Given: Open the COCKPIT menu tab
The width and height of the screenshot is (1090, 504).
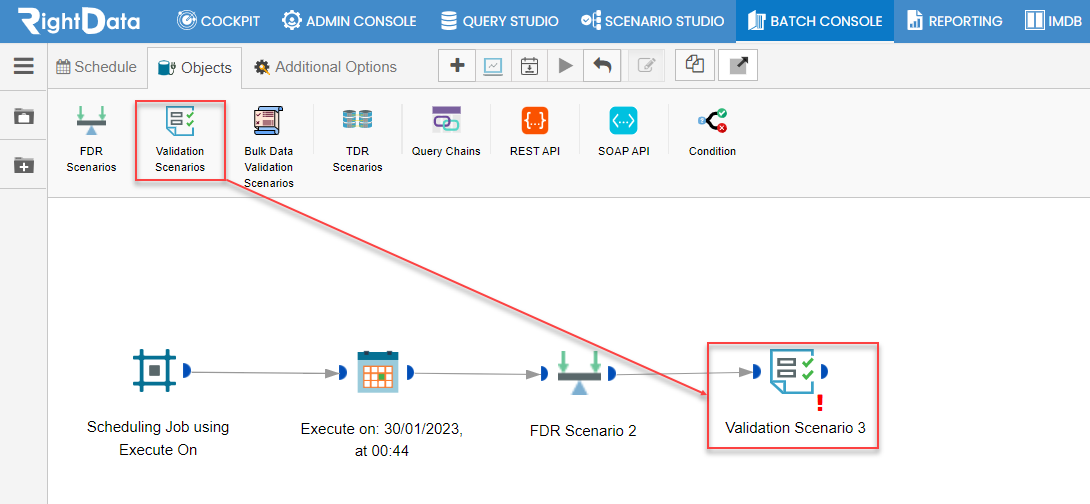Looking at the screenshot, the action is pos(218,21).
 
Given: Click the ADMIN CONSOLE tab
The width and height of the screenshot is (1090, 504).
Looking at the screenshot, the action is pos(349,21).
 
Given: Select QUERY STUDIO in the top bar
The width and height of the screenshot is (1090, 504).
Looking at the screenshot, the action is pos(499,21).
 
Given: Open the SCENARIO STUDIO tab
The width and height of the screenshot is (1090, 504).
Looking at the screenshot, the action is pos(653,21).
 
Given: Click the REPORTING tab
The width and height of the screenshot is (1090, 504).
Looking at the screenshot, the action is pos(955,21).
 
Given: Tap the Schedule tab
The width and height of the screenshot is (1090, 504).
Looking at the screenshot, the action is pos(97,67).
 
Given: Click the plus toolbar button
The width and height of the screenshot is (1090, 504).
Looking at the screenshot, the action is pos(457,65).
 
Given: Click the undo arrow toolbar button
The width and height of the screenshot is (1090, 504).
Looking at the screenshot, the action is pos(602,65).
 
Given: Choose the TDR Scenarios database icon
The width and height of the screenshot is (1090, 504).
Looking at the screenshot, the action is pos(357,120).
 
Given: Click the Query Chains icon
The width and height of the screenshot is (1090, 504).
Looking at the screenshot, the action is pos(446,120).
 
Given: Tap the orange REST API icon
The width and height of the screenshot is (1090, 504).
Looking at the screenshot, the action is pos(535,121).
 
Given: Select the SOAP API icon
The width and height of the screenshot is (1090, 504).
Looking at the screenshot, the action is pos(624,121).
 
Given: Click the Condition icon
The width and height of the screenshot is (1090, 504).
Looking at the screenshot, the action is pos(713,120).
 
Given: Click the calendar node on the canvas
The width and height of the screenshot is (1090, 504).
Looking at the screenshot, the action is pos(377,372).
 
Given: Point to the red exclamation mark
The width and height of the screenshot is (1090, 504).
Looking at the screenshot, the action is pos(820,403).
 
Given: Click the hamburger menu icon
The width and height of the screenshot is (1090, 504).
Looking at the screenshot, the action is pos(24,65).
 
